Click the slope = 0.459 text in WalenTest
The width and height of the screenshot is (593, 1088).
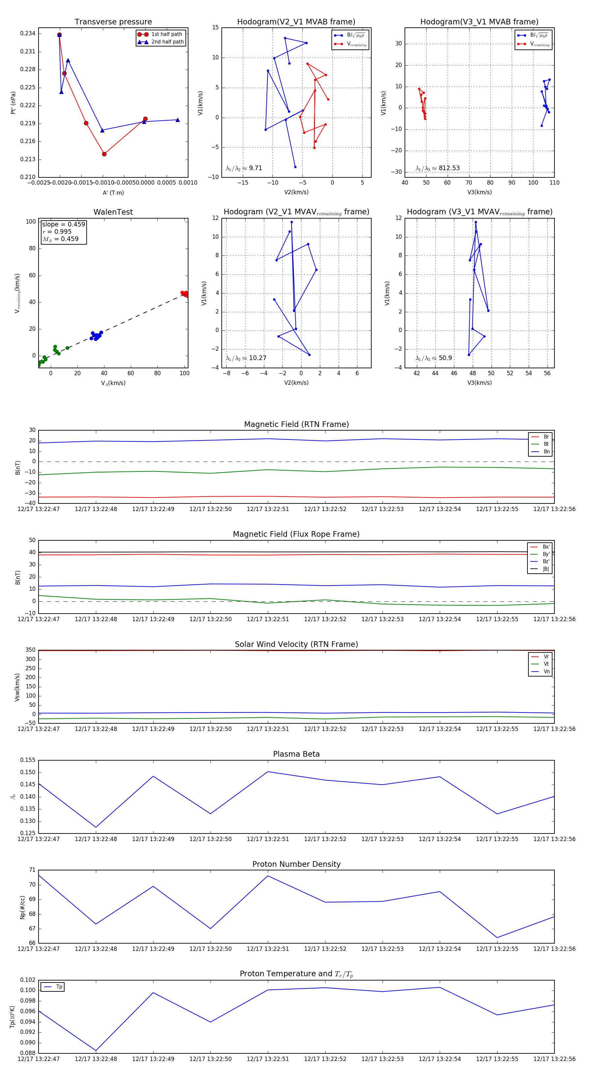(x=63, y=224)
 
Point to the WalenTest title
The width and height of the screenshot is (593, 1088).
(x=113, y=212)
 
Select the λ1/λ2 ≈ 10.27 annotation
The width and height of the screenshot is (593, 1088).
(x=246, y=358)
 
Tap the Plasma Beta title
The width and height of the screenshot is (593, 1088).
(x=296, y=754)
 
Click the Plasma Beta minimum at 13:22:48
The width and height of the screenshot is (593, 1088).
(x=96, y=827)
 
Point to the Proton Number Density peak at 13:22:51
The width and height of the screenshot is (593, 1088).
(x=268, y=876)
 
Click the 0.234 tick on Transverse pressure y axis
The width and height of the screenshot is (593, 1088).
(x=28, y=34)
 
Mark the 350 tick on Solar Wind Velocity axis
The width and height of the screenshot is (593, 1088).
(x=30, y=650)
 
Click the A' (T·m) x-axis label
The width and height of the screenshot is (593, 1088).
(x=113, y=193)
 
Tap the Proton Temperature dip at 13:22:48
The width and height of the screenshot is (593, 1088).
(x=96, y=1050)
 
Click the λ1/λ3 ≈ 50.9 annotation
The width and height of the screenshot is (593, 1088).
(x=434, y=358)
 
